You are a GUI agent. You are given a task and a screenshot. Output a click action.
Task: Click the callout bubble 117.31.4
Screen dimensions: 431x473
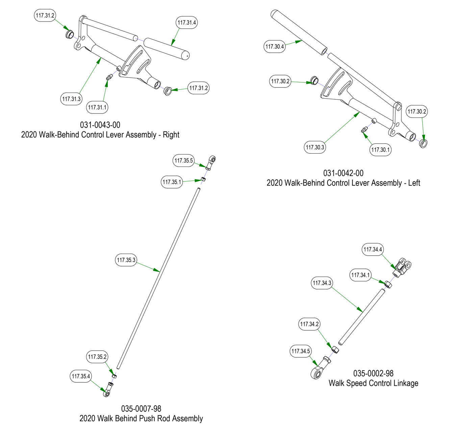(x=187, y=23)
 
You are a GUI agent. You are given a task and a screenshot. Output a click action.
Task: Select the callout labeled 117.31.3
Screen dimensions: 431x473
(x=71, y=99)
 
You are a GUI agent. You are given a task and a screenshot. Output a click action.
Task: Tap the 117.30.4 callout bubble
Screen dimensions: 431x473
(x=274, y=47)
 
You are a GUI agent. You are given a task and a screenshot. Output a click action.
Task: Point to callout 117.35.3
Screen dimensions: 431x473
(x=126, y=260)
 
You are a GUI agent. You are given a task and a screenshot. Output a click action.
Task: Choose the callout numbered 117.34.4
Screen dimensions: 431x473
(x=373, y=250)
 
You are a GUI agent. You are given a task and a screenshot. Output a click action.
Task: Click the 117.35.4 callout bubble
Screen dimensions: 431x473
(x=81, y=376)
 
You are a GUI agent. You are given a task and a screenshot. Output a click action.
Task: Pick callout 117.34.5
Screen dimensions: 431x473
(x=300, y=351)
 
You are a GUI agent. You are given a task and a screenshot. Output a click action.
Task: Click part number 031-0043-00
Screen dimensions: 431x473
(x=100, y=125)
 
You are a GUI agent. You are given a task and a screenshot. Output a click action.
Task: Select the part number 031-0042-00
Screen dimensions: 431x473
(x=343, y=173)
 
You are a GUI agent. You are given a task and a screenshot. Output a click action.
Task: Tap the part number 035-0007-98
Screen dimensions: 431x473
(x=141, y=409)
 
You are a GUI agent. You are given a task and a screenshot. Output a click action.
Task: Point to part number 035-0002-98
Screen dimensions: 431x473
(x=373, y=373)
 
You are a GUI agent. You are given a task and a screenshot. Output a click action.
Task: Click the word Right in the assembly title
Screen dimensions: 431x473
(x=171, y=135)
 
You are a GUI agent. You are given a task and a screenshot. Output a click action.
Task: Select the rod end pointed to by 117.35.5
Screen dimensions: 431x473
(x=211, y=162)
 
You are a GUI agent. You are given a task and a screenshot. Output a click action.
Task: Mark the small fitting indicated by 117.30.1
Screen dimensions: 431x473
(x=364, y=130)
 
